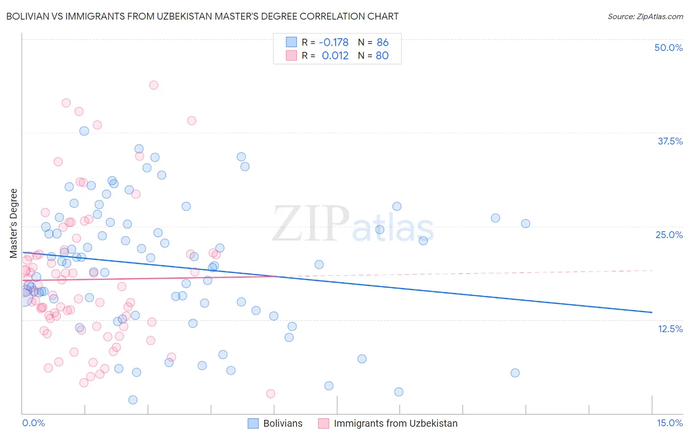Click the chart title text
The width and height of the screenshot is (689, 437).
(x=202, y=16)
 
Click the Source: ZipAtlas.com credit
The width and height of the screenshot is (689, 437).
(x=645, y=16)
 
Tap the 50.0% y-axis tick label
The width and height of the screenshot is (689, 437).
(x=668, y=48)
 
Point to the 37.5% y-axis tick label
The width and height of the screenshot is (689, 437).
(x=669, y=141)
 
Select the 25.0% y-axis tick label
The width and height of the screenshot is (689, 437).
(x=669, y=235)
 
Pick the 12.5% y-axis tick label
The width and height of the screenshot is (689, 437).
(x=669, y=329)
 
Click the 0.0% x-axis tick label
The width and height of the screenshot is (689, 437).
(x=33, y=423)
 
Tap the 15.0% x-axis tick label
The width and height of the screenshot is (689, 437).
(x=669, y=423)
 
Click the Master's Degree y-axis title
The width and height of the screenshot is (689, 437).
(x=14, y=223)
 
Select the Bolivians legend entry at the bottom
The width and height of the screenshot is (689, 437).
(x=282, y=423)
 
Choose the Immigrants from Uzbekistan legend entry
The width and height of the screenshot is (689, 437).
(x=395, y=423)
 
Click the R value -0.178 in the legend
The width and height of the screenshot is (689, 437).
(x=334, y=43)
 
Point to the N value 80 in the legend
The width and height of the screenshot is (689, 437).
(x=382, y=55)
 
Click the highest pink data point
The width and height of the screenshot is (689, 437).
(x=153, y=85)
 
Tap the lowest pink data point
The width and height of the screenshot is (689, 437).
(x=271, y=393)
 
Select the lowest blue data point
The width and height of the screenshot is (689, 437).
(x=133, y=400)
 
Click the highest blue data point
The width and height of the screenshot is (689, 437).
(x=84, y=131)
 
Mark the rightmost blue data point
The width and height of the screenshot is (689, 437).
(x=525, y=223)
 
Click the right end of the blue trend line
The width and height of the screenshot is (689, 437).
(x=652, y=312)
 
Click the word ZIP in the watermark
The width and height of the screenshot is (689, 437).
(x=311, y=223)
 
